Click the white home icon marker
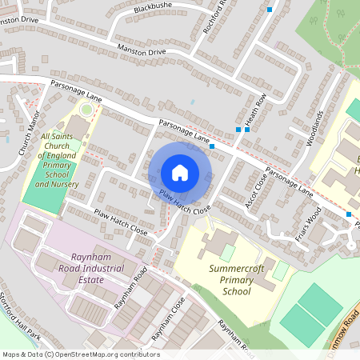pyautogui.click(x=180, y=173)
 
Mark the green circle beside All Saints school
pyautogui.click(x=86, y=110)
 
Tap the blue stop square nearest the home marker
pyautogui.click(x=211, y=146)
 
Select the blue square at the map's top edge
pyautogui.click(x=270, y=10)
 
